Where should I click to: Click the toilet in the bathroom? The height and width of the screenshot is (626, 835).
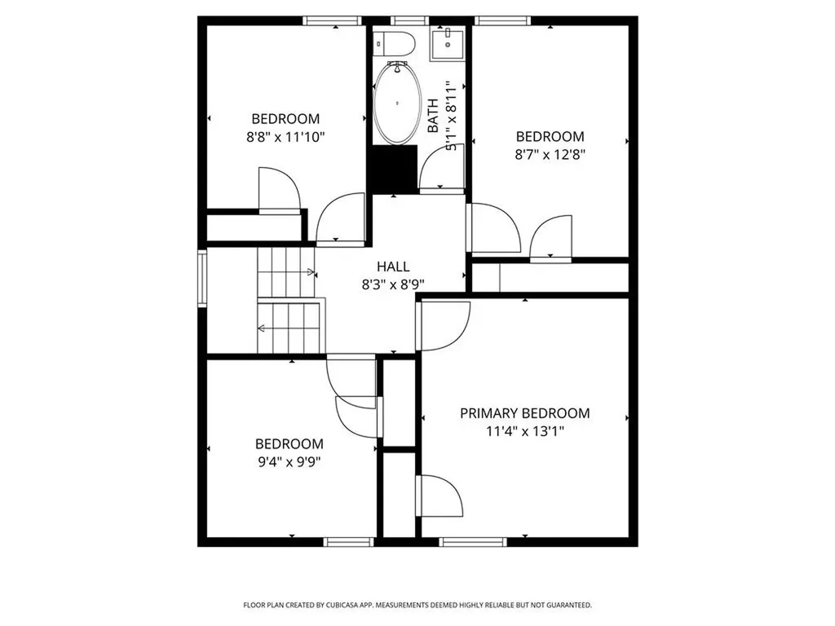tap(395, 43)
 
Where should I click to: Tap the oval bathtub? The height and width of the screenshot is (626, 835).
tap(397, 104)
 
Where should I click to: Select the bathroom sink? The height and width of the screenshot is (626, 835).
tap(447, 43)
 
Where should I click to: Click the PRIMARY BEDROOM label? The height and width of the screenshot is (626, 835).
tap(524, 413)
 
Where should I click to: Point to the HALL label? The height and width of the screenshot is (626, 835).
tap(393, 267)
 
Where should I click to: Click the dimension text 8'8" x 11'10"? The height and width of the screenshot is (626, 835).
tap(285, 137)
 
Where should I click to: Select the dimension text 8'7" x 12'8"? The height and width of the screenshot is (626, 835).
tap(550, 153)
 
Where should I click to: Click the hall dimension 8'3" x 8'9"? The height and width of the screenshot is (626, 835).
tap(393, 284)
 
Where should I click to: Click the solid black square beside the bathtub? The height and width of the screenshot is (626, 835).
tap(394, 169)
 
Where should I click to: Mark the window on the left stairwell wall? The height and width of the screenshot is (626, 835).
tap(202, 278)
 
